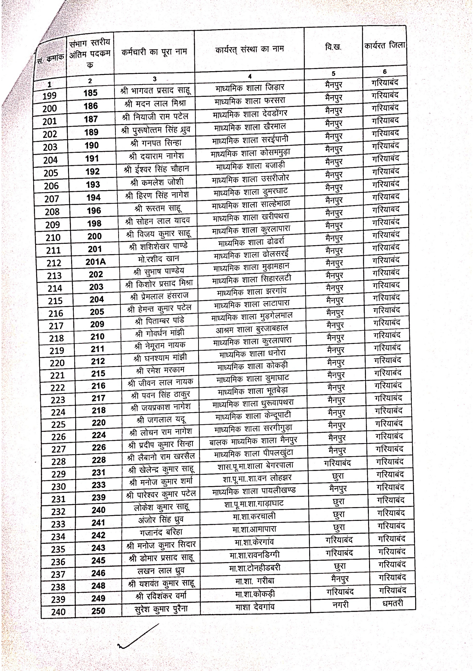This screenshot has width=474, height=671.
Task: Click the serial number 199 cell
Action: click(x=49, y=96)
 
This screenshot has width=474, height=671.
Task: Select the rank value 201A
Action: click(x=96, y=262)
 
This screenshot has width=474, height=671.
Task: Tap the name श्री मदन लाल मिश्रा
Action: click(x=155, y=103)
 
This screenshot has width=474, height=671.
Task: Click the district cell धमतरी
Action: click(x=392, y=603)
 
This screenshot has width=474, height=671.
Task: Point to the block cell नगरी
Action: click(x=340, y=604)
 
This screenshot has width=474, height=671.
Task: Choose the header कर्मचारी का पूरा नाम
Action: click(x=154, y=52)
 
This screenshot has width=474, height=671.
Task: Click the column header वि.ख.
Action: click(x=333, y=47)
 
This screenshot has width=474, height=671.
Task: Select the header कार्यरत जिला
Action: click(x=385, y=45)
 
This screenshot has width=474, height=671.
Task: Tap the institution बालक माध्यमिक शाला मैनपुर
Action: click(x=253, y=441)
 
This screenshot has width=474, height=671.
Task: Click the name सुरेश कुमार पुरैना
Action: click(x=161, y=609)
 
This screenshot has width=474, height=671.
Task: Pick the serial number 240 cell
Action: click(x=58, y=612)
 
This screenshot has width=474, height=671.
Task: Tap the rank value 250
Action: click(x=98, y=611)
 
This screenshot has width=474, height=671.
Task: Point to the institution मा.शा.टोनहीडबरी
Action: click(x=255, y=568)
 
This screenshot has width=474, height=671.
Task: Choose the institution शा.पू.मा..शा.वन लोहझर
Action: click(x=257, y=478)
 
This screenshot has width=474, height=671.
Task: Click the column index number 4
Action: click(x=250, y=76)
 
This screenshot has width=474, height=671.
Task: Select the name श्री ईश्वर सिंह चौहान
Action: click(x=156, y=169)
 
